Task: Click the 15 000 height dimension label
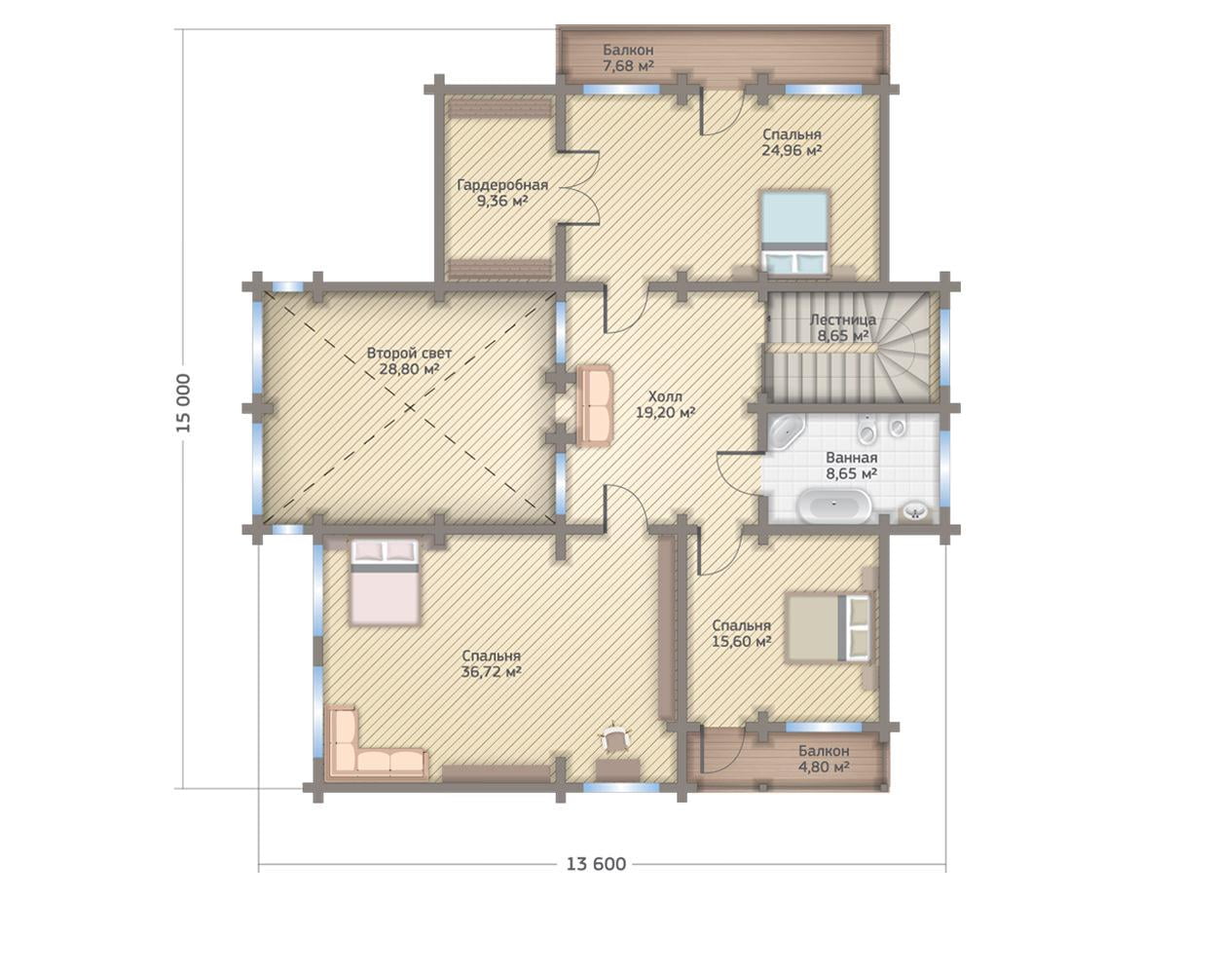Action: (184, 403)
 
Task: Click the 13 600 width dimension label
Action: (596, 864)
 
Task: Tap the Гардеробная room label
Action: (502, 185)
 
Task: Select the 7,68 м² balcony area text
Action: (628, 65)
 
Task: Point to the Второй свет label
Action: (409, 354)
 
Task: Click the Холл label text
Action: (665, 395)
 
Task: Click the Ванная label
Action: (852, 457)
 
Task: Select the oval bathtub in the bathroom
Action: (834, 506)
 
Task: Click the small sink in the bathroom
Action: (914, 512)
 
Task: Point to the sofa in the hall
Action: (594, 405)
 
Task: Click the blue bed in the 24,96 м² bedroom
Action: (795, 232)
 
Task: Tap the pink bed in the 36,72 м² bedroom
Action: (385, 581)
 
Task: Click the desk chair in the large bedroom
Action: (614, 738)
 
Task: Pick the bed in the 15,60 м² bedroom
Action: (830, 627)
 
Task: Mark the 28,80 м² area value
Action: (410, 369)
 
